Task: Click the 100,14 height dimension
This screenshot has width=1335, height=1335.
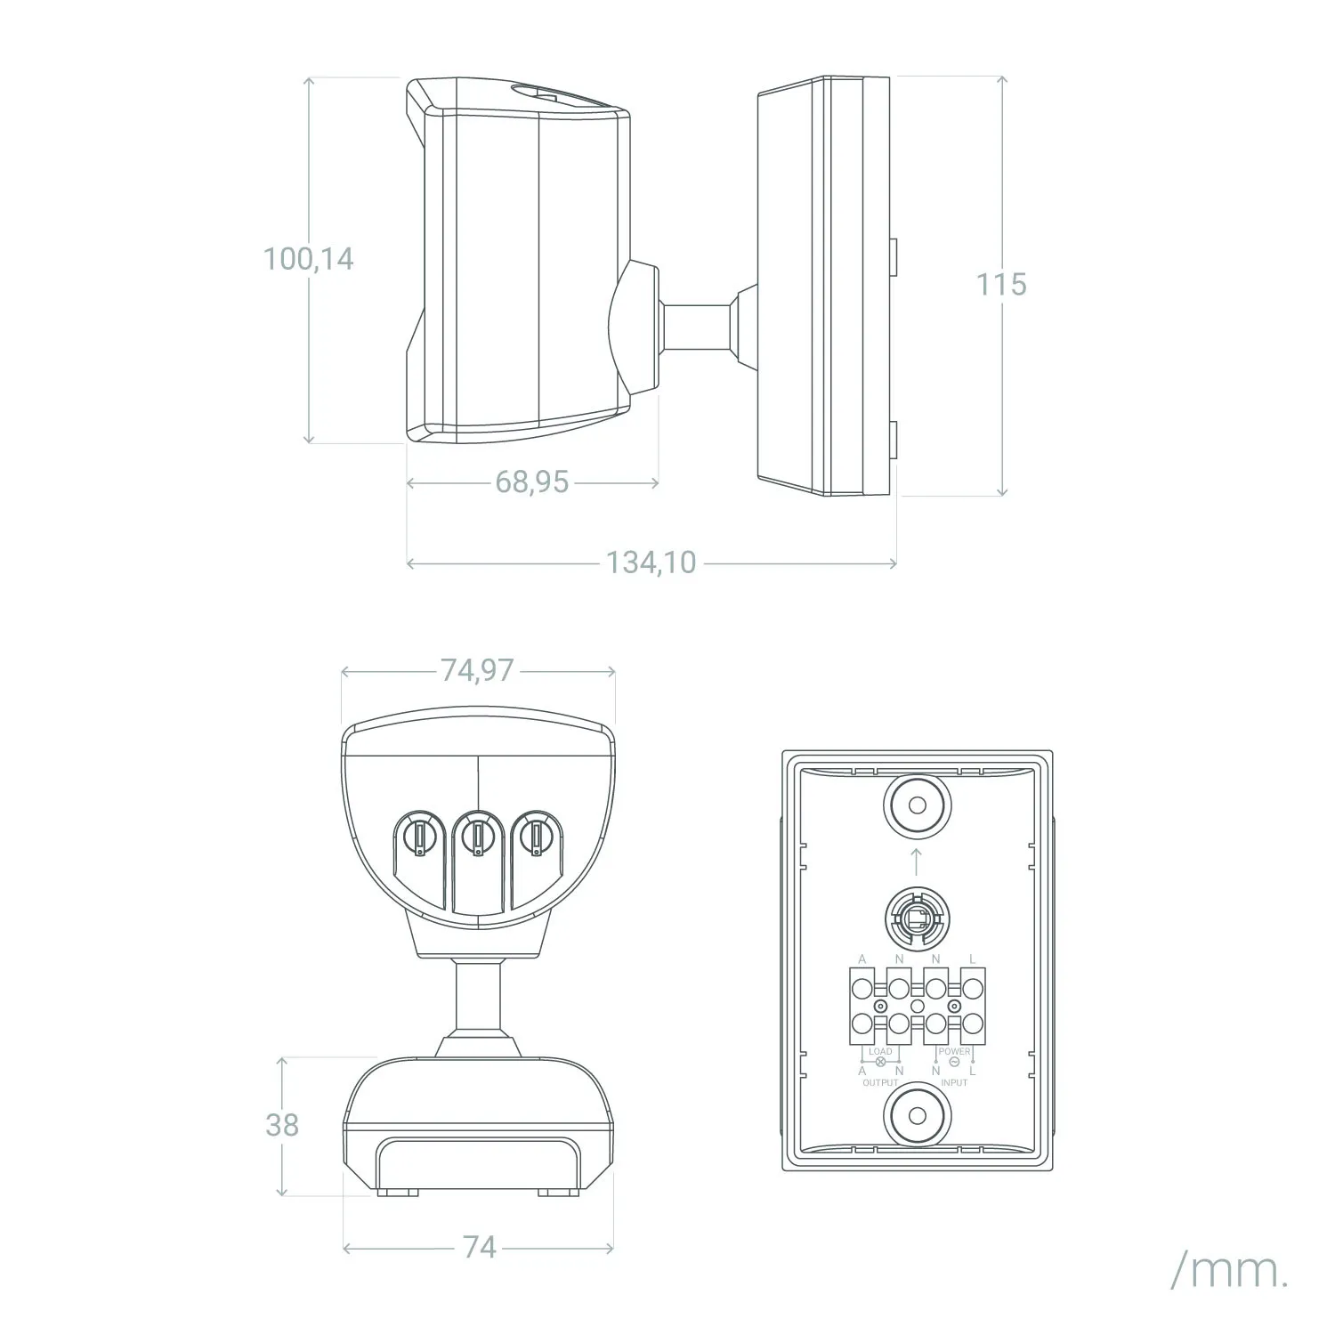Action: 308,259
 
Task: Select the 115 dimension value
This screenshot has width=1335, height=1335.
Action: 1001,285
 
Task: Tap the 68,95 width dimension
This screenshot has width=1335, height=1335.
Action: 531,482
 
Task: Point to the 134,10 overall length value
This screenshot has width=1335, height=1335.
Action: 651,562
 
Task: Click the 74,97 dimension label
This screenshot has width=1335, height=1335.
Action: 477,670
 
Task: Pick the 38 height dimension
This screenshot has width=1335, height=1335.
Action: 282,1125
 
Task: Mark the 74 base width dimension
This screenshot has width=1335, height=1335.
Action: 479,1247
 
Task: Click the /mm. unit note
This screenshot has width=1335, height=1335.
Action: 1229,1273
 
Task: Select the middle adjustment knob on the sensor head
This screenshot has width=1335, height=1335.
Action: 478,836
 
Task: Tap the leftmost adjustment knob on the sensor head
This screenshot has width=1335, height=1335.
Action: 418,836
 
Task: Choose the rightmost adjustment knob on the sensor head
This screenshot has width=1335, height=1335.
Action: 537,836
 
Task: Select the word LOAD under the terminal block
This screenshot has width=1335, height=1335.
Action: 880,1051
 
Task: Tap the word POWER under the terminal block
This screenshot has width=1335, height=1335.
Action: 954,1051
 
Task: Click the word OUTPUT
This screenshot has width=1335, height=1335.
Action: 880,1082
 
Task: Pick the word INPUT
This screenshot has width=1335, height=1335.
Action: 954,1082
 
